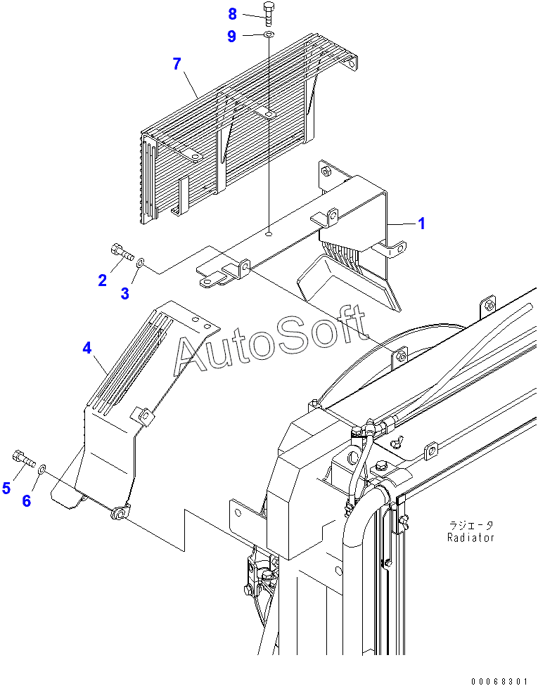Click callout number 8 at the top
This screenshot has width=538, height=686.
[x=232, y=13]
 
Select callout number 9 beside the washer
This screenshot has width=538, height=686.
[x=232, y=37]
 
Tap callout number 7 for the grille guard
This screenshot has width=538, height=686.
[x=177, y=64]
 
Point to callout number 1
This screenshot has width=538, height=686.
[x=421, y=224]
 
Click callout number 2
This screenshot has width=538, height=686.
[x=103, y=280]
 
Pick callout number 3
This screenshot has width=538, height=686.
[x=124, y=294]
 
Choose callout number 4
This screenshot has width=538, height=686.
[x=87, y=347]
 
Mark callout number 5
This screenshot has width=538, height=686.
[x=6, y=488]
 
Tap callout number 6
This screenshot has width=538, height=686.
[x=27, y=500]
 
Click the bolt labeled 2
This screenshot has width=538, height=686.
[x=121, y=251]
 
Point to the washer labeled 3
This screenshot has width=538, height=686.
[x=141, y=262]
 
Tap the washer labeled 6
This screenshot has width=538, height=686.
[x=42, y=467]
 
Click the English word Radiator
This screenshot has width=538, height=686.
[x=470, y=538]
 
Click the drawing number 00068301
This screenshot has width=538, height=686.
[x=499, y=680]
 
